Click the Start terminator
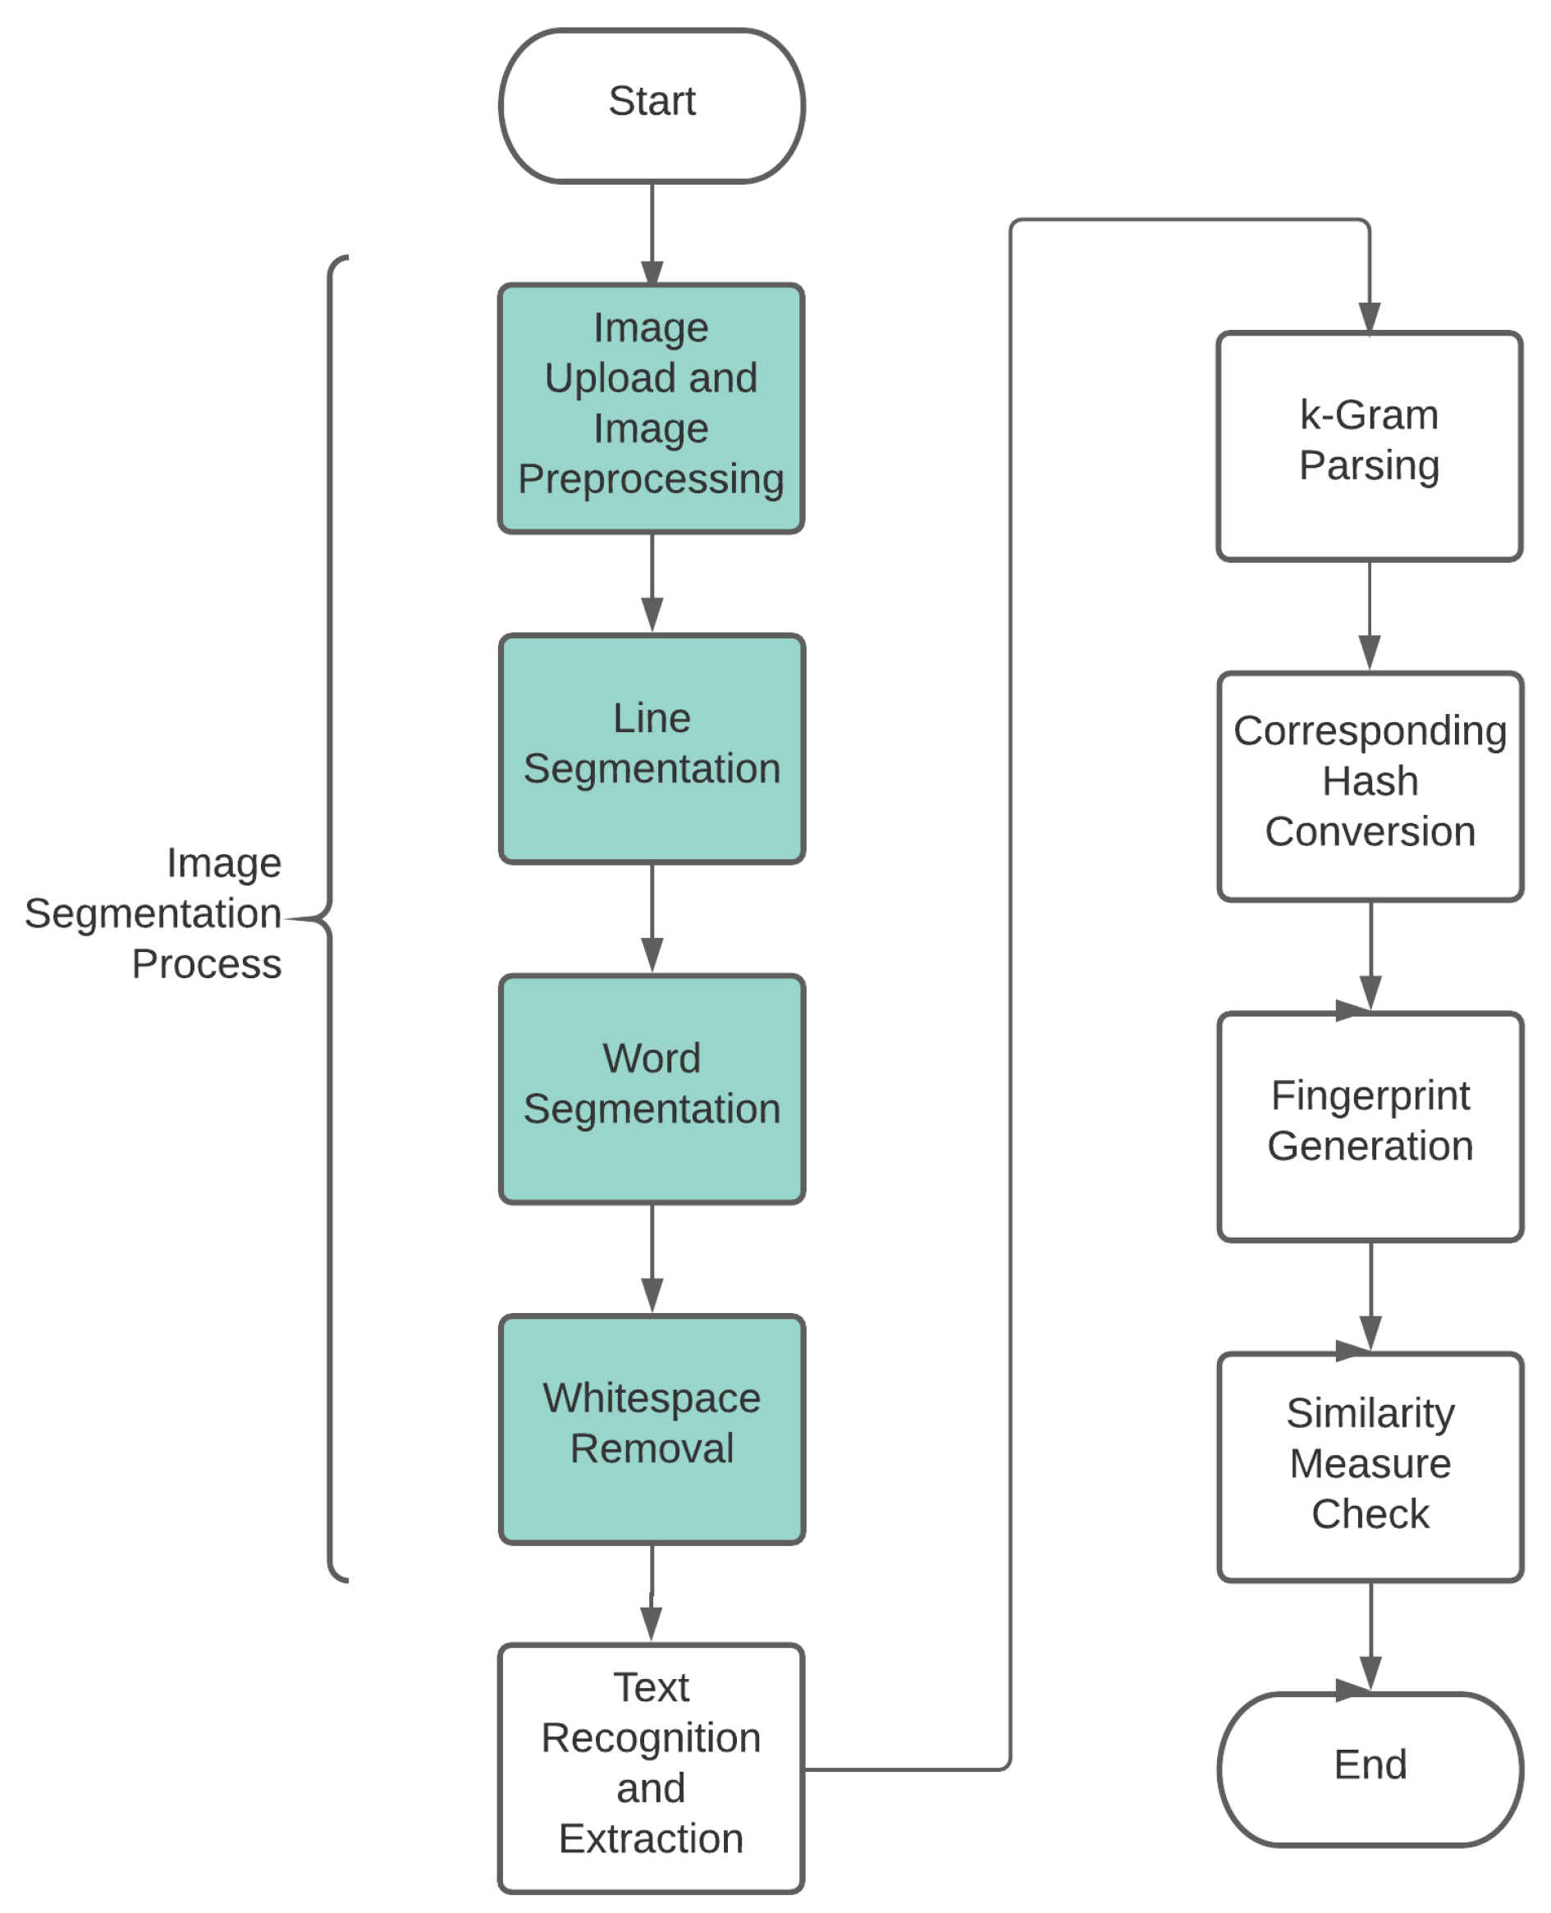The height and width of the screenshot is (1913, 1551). pos(652,105)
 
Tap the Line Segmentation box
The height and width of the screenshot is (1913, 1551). pos(652,748)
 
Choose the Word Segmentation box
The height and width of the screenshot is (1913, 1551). pos(652,1088)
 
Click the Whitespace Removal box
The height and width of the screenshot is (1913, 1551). pos(652,1428)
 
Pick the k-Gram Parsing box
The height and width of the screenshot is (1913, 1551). pos(1369,446)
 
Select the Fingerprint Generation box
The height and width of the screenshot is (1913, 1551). pos(1370,1126)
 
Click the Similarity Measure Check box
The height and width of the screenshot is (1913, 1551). pos(1370,1467)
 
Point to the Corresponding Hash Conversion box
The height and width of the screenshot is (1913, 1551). pos(1370,785)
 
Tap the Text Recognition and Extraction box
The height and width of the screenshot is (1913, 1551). pos(651,1768)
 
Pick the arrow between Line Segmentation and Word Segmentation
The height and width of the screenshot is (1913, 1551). pos(652,918)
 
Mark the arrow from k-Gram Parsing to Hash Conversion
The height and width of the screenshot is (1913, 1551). pos(1369,615)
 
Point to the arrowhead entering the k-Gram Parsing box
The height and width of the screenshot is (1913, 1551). pos(1369,318)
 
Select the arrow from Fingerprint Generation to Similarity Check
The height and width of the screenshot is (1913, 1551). pos(1370,1296)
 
